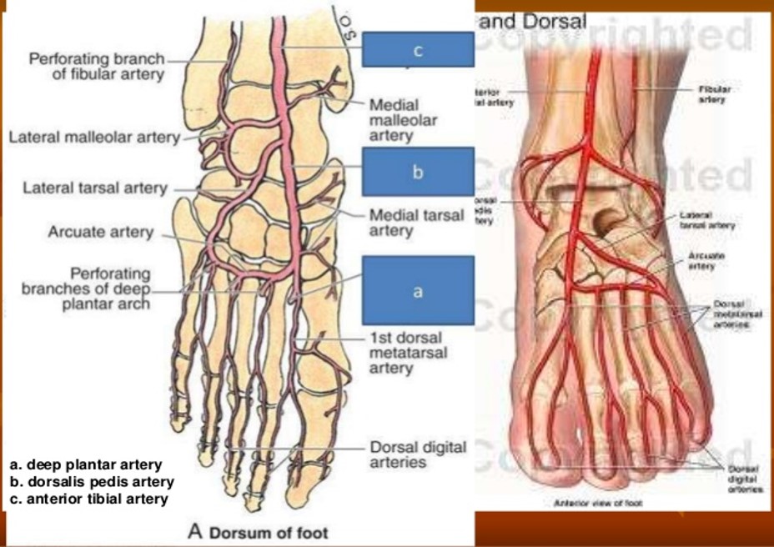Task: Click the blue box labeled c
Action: pyautogui.click(x=418, y=50)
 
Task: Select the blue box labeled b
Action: pyautogui.click(x=418, y=172)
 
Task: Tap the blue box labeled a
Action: pyautogui.click(x=418, y=290)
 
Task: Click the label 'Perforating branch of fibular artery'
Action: pyautogui.click(x=96, y=67)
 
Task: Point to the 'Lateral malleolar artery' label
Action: pyautogui.click(x=94, y=138)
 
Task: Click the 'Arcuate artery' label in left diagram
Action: pyautogui.click(x=100, y=231)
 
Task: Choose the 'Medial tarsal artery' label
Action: pyautogui.click(x=416, y=222)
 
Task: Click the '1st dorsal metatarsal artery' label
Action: pyautogui.click(x=408, y=353)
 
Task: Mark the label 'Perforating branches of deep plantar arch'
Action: pyautogui.click(x=87, y=288)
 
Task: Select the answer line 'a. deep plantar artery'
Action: pyautogui.click(x=86, y=464)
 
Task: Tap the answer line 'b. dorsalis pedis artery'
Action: pyautogui.click(x=92, y=482)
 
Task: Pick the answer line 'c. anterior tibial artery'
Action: pyautogui.click(x=89, y=499)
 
